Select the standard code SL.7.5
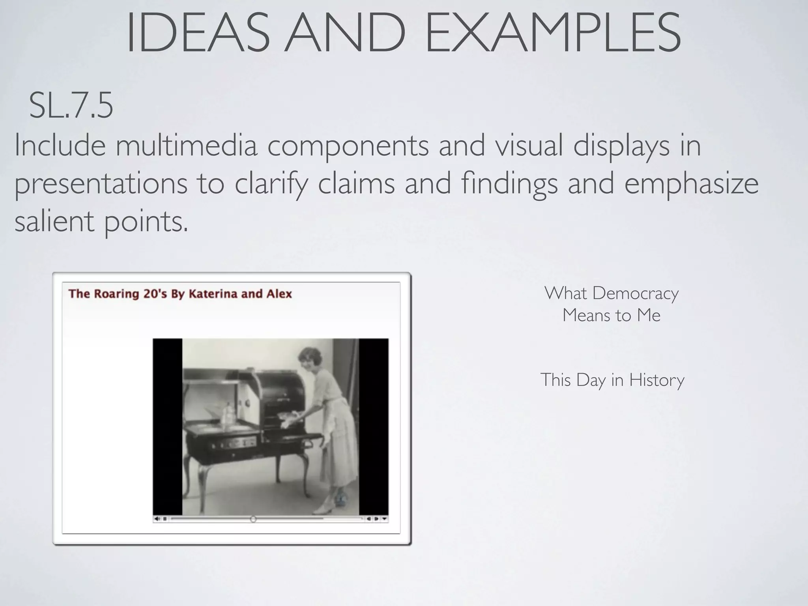coord(71,105)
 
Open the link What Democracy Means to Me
coord(611,304)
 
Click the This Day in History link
coord(612,380)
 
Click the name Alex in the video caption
coord(279,294)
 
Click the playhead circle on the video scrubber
coord(253,519)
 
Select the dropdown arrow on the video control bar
coord(385,519)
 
